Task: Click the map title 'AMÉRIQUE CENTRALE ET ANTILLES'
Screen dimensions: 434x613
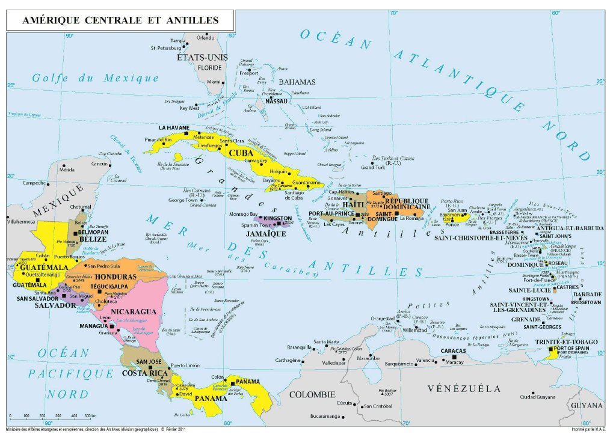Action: pyautogui.click(x=120, y=20)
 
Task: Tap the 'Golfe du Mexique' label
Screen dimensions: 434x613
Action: pyautogui.click(x=96, y=78)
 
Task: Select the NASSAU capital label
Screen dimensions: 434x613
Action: pyautogui.click(x=276, y=102)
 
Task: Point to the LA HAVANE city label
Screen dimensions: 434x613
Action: pyautogui.click(x=174, y=128)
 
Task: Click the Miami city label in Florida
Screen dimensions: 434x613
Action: pyautogui.click(x=214, y=82)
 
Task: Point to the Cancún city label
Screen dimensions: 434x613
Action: pyautogui.click(x=99, y=164)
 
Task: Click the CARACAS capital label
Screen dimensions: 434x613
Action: pyautogui.click(x=453, y=350)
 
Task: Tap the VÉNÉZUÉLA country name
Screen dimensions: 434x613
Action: pyautogui.click(x=464, y=388)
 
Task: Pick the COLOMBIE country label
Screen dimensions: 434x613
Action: pyautogui.click(x=312, y=395)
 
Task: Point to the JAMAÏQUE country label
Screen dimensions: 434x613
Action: pyautogui.click(x=266, y=233)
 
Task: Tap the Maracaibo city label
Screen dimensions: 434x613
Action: pyautogui.click(x=367, y=359)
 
